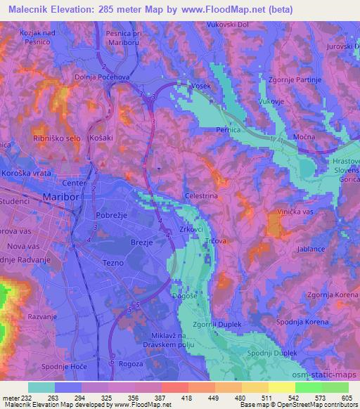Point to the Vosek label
pyautogui.click(x=201, y=85)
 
